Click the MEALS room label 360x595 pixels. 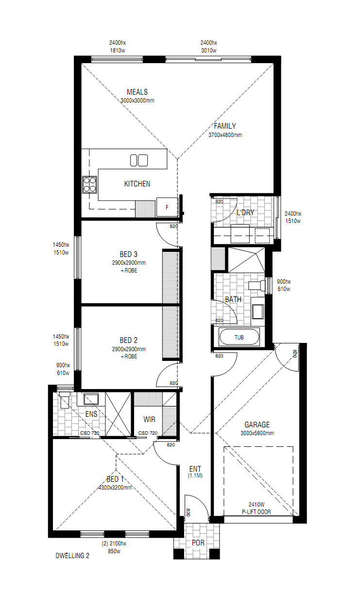(x=137, y=92)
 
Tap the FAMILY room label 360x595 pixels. (x=225, y=126)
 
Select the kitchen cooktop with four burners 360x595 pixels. (x=89, y=185)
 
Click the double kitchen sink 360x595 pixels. (x=139, y=160)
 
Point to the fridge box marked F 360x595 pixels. (x=167, y=207)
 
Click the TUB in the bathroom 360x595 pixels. (x=239, y=338)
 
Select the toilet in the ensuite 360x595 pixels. (x=65, y=399)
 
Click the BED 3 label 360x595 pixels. (x=129, y=254)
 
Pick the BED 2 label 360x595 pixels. (x=129, y=340)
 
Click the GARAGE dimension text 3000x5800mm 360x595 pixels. (x=257, y=433)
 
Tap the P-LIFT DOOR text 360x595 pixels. (x=257, y=512)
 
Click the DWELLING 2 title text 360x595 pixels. (x=72, y=556)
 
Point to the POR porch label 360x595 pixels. (x=198, y=543)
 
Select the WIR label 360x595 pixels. (x=149, y=420)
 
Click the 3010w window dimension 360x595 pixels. (x=208, y=51)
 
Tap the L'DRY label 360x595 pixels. (x=245, y=213)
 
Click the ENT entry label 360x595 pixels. (x=195, y=469)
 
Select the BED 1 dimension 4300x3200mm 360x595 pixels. (x=115, y=488)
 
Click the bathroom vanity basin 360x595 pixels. (x=257, y=311)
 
